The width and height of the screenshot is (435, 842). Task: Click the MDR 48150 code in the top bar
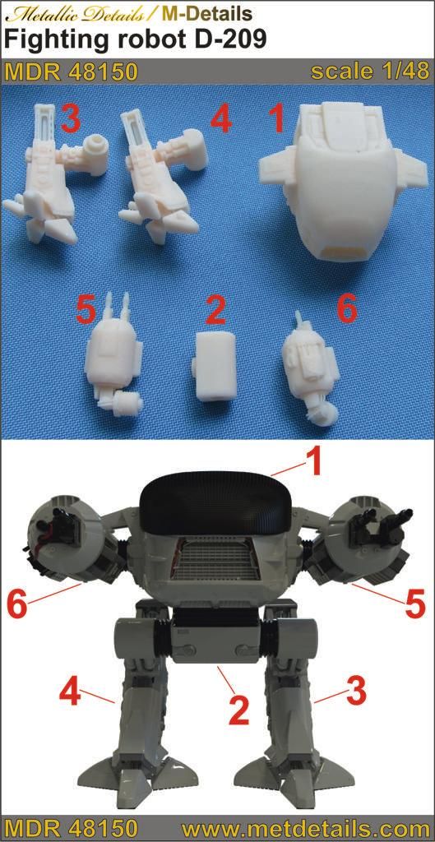[x=72, y=72]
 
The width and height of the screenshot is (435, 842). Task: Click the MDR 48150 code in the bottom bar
[x=72, y=829]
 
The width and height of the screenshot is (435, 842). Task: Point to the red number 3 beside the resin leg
[x=72, y=118]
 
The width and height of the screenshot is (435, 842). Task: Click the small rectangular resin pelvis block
[x=214, y=363]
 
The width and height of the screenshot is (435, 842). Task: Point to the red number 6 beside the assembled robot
[x=18, y=606]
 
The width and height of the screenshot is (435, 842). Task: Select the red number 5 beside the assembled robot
[x=415, y=604]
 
